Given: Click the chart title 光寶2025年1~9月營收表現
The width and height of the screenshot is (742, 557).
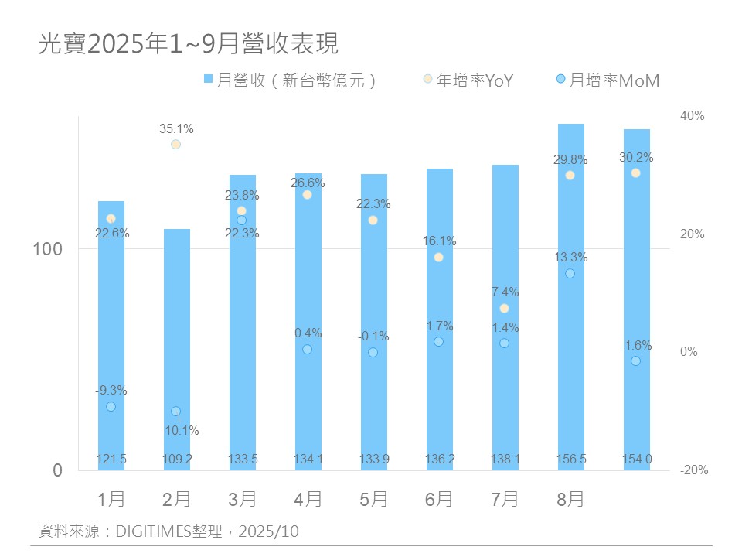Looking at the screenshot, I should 189,44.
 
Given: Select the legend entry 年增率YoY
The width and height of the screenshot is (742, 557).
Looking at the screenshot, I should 468,80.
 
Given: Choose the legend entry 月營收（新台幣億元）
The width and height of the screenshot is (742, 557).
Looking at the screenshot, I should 290,80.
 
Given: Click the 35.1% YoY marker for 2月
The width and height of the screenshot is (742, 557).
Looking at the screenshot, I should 176,145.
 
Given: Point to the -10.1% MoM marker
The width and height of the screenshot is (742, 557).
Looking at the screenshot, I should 176,412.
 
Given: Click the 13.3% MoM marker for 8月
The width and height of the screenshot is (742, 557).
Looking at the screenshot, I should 570,274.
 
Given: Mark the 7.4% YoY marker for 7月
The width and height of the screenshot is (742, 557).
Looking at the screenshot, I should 505,309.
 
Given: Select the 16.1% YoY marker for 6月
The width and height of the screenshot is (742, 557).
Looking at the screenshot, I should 439,258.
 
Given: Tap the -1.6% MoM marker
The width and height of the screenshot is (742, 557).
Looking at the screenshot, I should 636,361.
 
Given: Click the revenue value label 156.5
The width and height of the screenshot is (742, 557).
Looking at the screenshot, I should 570,460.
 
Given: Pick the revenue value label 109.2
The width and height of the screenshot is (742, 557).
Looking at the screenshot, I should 177,460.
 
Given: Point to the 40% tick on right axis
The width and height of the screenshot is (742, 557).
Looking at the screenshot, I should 692,116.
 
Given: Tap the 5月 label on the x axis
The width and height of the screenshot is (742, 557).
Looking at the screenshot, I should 374,500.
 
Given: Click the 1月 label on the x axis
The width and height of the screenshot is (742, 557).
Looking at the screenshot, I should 111,500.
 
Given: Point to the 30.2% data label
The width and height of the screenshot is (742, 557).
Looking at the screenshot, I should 636,158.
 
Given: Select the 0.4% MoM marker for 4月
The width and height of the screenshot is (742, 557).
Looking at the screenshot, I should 308,350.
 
